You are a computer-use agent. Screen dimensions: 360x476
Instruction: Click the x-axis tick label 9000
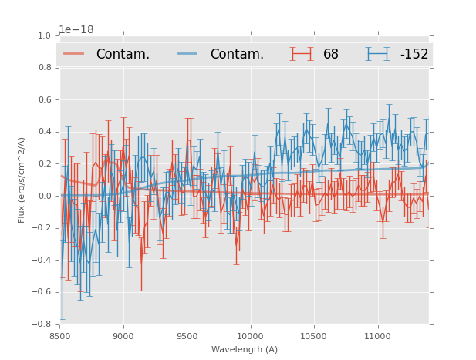click(x=123, y=336)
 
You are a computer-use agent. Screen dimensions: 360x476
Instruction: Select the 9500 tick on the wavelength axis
click(x=187, y=336)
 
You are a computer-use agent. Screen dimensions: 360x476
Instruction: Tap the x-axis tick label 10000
click(x=250, y=336)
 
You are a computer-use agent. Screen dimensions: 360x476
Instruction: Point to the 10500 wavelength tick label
click(x=314, y=336)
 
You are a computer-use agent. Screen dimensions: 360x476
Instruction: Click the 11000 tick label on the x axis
click(x=377, y=336)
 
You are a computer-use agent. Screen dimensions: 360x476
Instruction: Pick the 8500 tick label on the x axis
click(x=59, y=336)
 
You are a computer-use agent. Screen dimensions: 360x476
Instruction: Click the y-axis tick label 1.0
click(x=44, y=35)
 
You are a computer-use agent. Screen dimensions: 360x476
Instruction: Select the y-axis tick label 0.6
click(x=44, y=99)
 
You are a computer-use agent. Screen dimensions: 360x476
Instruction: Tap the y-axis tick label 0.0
click(x=44, y=196)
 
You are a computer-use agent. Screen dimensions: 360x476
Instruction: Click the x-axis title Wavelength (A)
click(x=244, y=349)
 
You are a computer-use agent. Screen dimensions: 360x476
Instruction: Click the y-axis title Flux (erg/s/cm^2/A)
click(x=22, y=180)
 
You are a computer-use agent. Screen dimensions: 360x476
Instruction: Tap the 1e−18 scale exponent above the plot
click(x=76, y=29)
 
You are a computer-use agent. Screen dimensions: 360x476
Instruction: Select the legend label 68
click(x=331, y=54)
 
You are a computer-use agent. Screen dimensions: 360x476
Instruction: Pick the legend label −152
click(x=414, y=54)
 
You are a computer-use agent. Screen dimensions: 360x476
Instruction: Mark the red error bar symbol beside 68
click(x=302, y=54)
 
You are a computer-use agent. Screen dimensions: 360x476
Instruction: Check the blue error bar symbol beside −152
click(x=378, y=54)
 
